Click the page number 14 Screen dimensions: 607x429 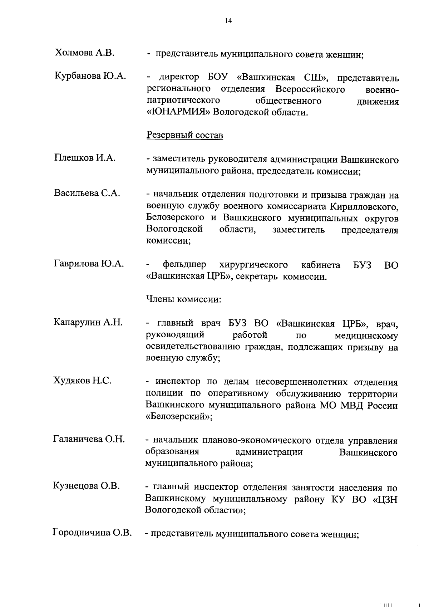[x=228, y=21]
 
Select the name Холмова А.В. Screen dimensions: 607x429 [x=84, y=53]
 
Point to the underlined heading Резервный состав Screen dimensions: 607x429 [x=185, y=136]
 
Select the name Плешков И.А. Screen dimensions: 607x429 [x=85, y=158]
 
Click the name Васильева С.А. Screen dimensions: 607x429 [x=87, y=193]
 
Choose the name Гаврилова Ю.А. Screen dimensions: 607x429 [x=89, y=264]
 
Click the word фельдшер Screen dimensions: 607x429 [x=184, y=265]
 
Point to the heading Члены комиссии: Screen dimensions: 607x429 [x=184, y=299]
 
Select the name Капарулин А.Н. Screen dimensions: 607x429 [x=88, y=322]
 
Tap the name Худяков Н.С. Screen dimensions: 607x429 [x=82, y=380]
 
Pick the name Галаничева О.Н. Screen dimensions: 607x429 [x=89, y=439]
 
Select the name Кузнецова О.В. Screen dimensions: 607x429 [x=86, y=486]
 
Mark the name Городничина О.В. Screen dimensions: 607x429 [x=92, y=533]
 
